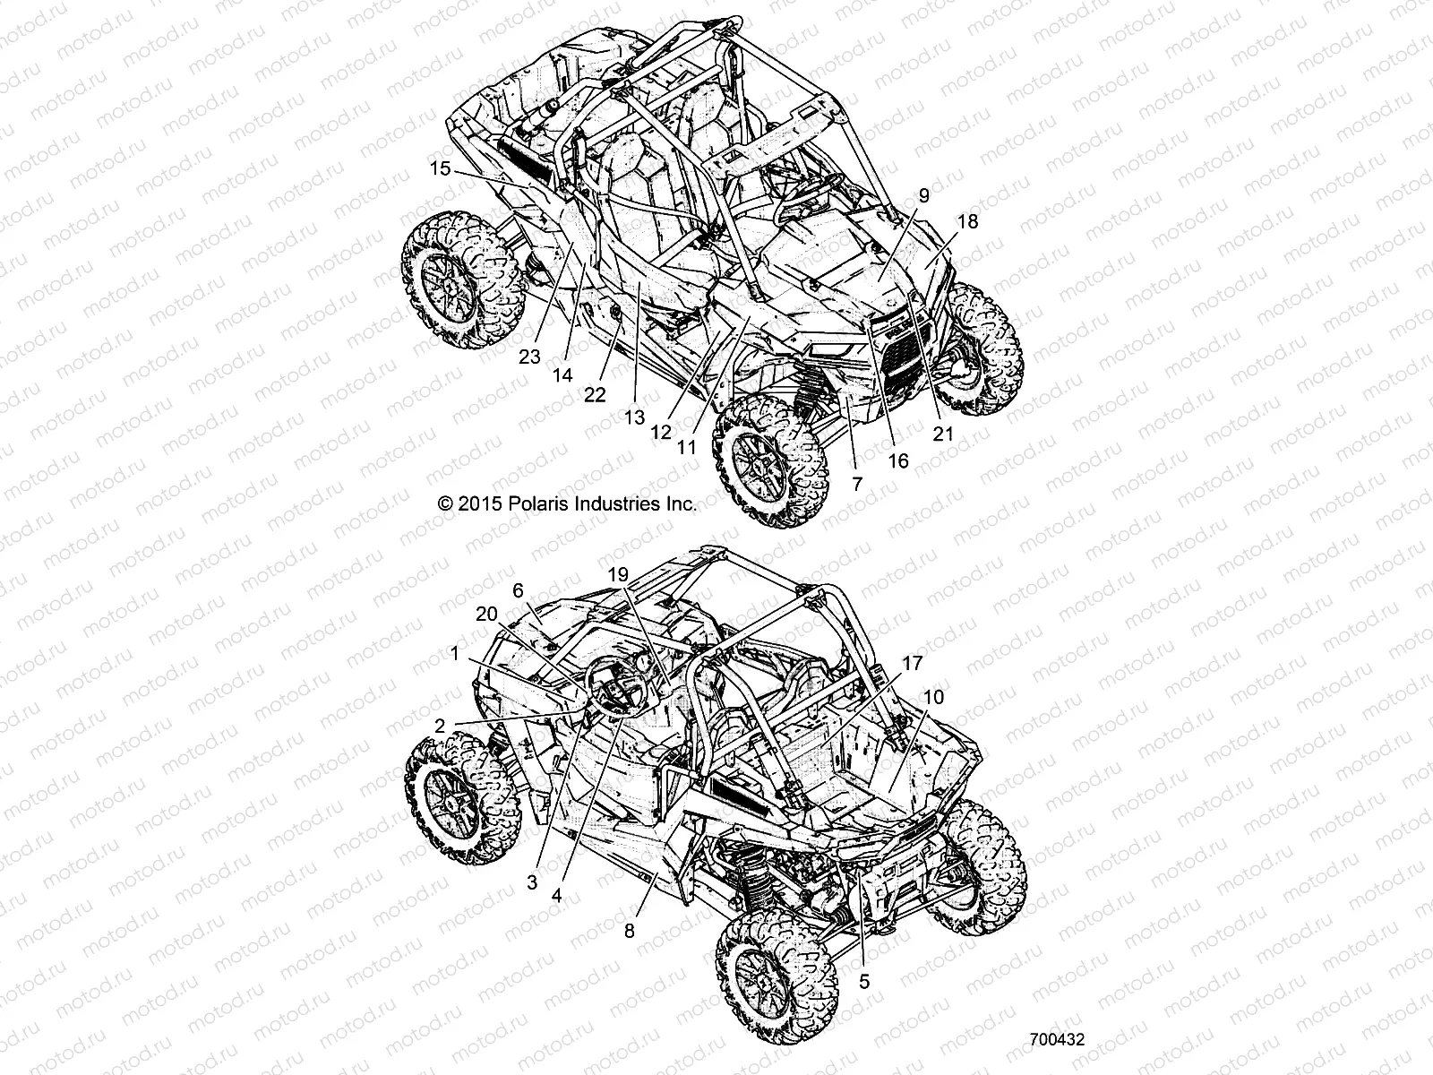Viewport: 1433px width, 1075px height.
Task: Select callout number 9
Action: pyautogui.click(x=898, y=195)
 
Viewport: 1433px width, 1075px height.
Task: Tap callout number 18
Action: pyautogui.click(x=967, y=221)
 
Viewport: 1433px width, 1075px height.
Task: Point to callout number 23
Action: pyautogui.click(x=529, y=357)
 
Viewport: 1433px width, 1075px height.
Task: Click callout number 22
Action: pyautogui.click(x=595, y=393)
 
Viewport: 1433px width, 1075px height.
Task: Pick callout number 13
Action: pyautogui.click(x=634, y=417)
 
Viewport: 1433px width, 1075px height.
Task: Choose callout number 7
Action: pyautogui.click(x=856, y=484)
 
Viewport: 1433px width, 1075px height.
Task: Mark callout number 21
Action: pyautogui.click(x=943, y=434)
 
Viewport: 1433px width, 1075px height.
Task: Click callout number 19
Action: pyautogui.click(x=618, y=574)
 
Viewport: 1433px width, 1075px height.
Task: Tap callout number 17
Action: pyautogui.click(x=912, y=664)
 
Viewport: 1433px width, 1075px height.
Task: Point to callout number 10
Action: pyautogui.click(x=932, y=696)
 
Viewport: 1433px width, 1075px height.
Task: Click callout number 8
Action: pyautogui.click(x=629, y=931)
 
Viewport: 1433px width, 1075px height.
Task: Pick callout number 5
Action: pyautogui.click(x=863, y=981)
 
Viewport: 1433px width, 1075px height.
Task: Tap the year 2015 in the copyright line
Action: pyautogui.click(x=477, y=503)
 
